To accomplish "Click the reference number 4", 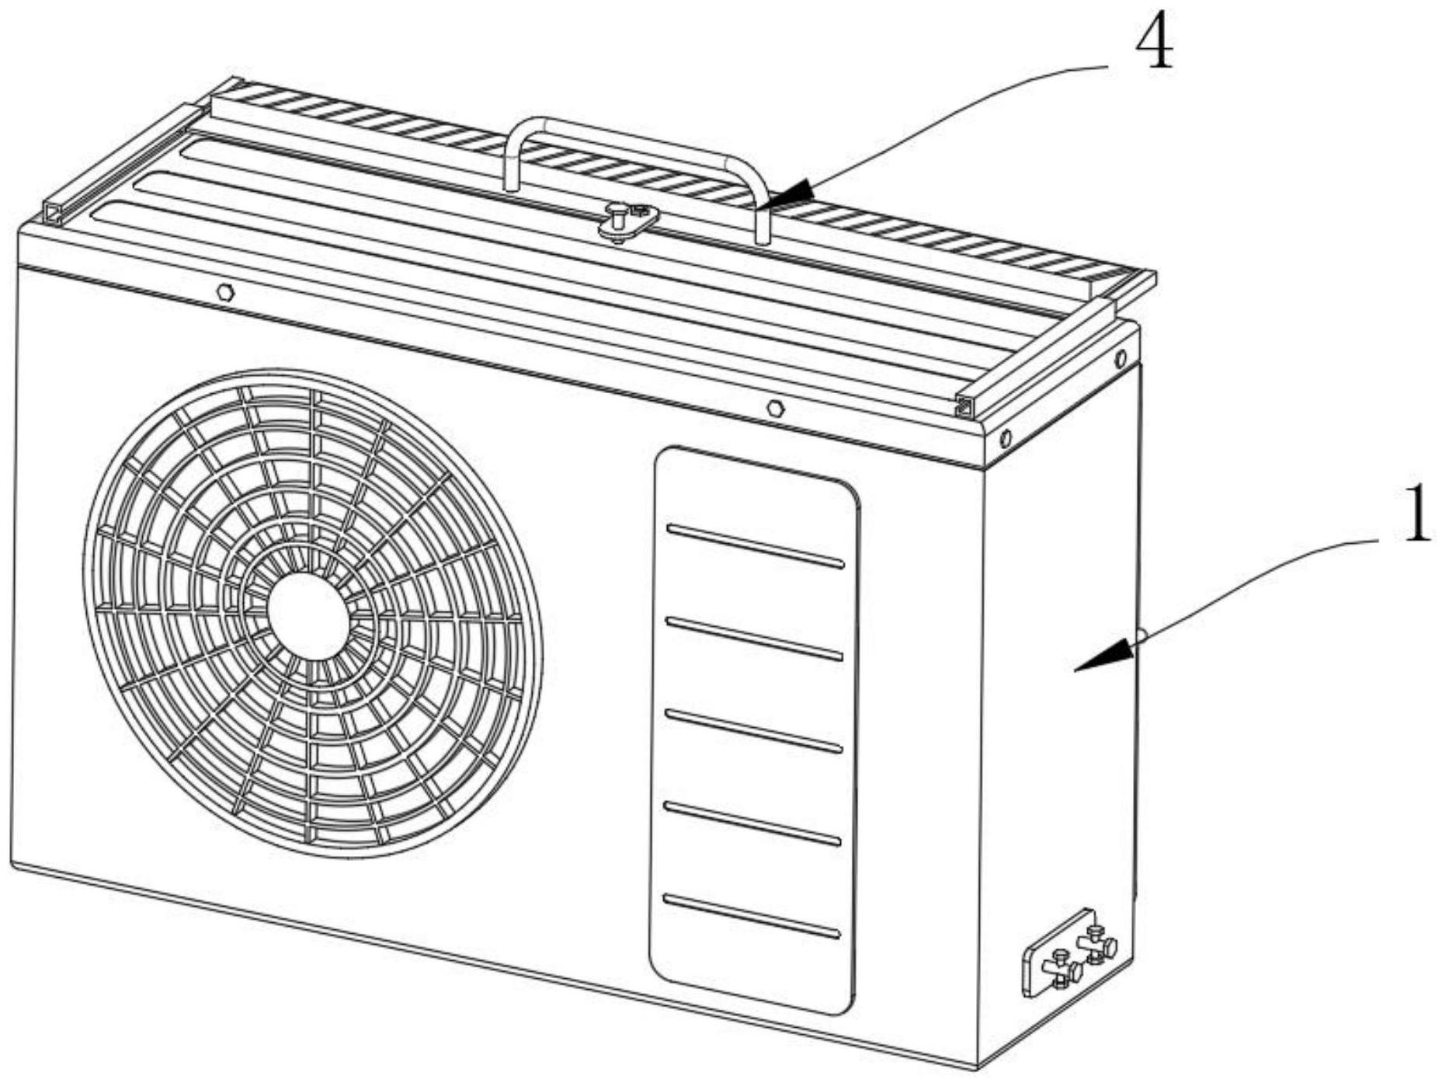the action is pyautogui.click(x=1154, y=43).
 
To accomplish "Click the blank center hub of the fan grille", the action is pyautogui.click(x=308, y=616).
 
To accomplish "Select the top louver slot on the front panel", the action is pyautogui.click(x=755, y=546).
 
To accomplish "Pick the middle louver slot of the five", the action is pyautogui.click(x=753, y=731).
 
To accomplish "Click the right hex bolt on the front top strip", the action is pyautogui.click(x=774, y=408).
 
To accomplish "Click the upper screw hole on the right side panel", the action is pyautogui.click(x=1120, y=359).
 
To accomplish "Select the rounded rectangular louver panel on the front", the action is pyautogui.click(x=754, y=730).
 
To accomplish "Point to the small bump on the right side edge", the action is pyautogui.click(x=1141, y=636).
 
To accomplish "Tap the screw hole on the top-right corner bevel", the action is pyautogui.click(x=1006, y=438).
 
